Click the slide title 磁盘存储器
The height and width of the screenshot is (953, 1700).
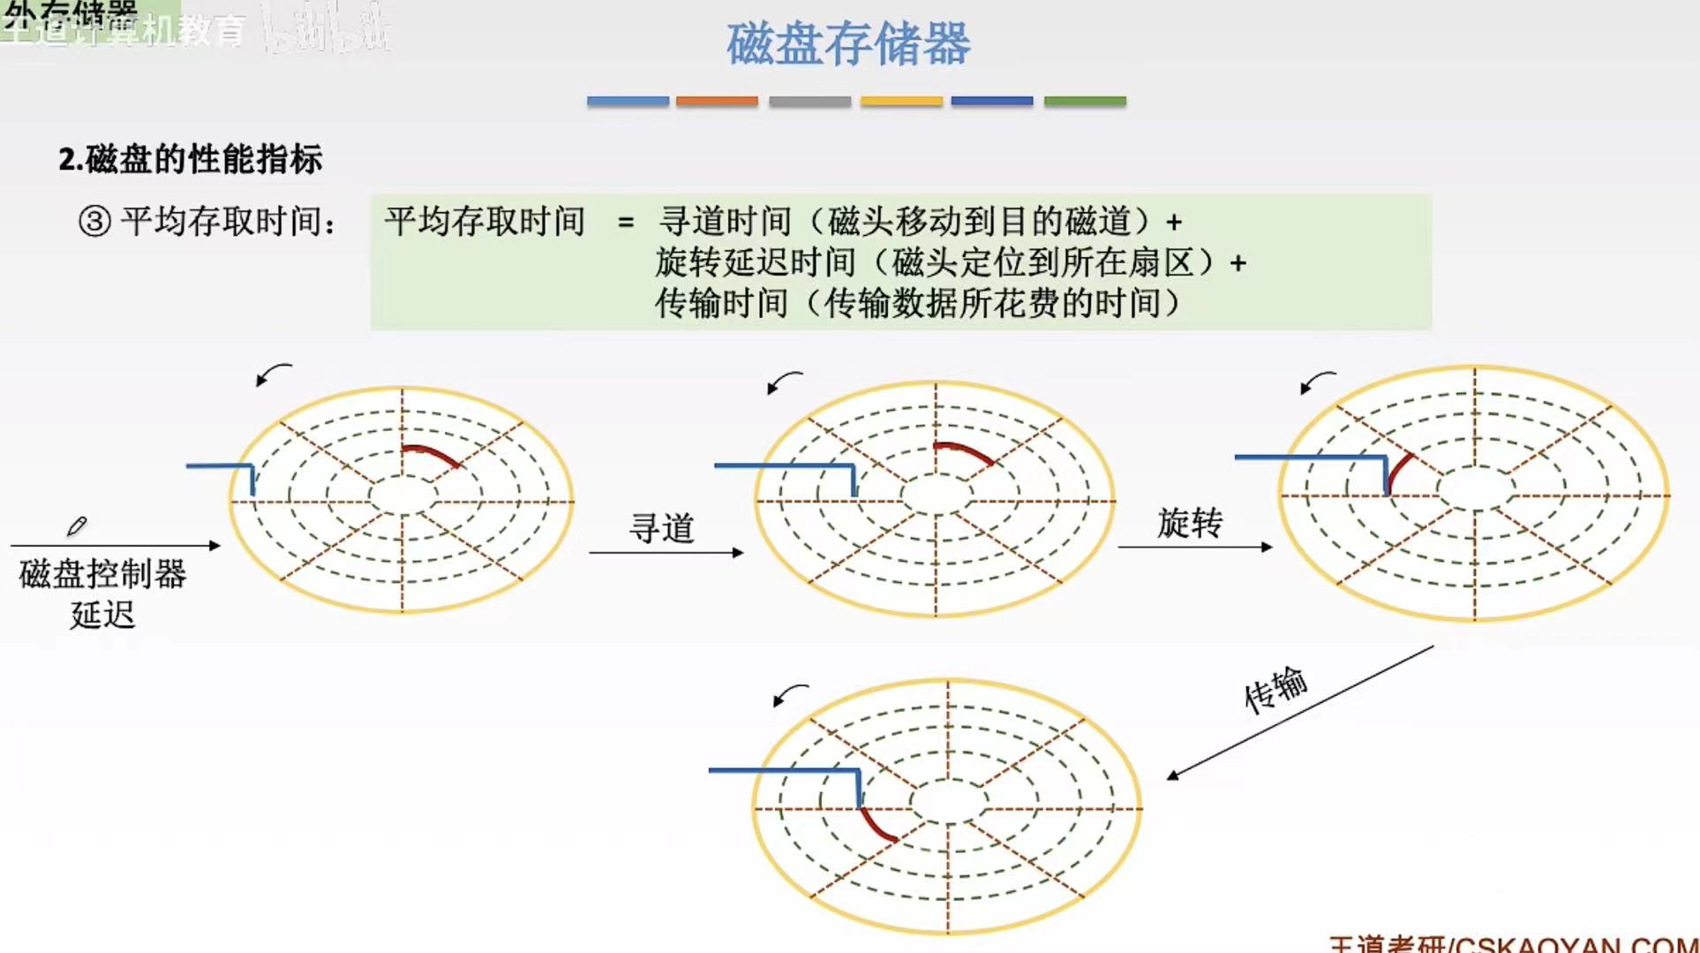click(848, 44)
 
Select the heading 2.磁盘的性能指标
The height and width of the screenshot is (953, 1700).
click(191, 160)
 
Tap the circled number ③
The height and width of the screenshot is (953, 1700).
click(94, 221)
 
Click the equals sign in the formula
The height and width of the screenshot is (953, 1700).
click(626, 222)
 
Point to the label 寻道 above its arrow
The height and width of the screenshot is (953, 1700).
click(661, 528)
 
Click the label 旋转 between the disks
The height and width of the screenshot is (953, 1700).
click(1190, 523)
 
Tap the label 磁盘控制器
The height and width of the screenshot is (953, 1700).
click(102, 574)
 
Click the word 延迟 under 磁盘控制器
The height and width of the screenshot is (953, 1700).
click(102, 614)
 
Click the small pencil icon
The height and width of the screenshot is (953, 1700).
click(77, 526)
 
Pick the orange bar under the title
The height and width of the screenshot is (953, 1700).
click(717, 102)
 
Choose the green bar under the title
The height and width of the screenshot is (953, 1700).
click(1085, 102)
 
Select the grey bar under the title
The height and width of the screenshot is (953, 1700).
click(809, 102)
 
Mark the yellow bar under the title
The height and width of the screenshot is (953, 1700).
click(901, 102)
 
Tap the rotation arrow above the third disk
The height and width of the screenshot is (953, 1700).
click(1317, 382)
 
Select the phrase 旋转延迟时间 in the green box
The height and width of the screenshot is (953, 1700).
click(756, 262)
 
